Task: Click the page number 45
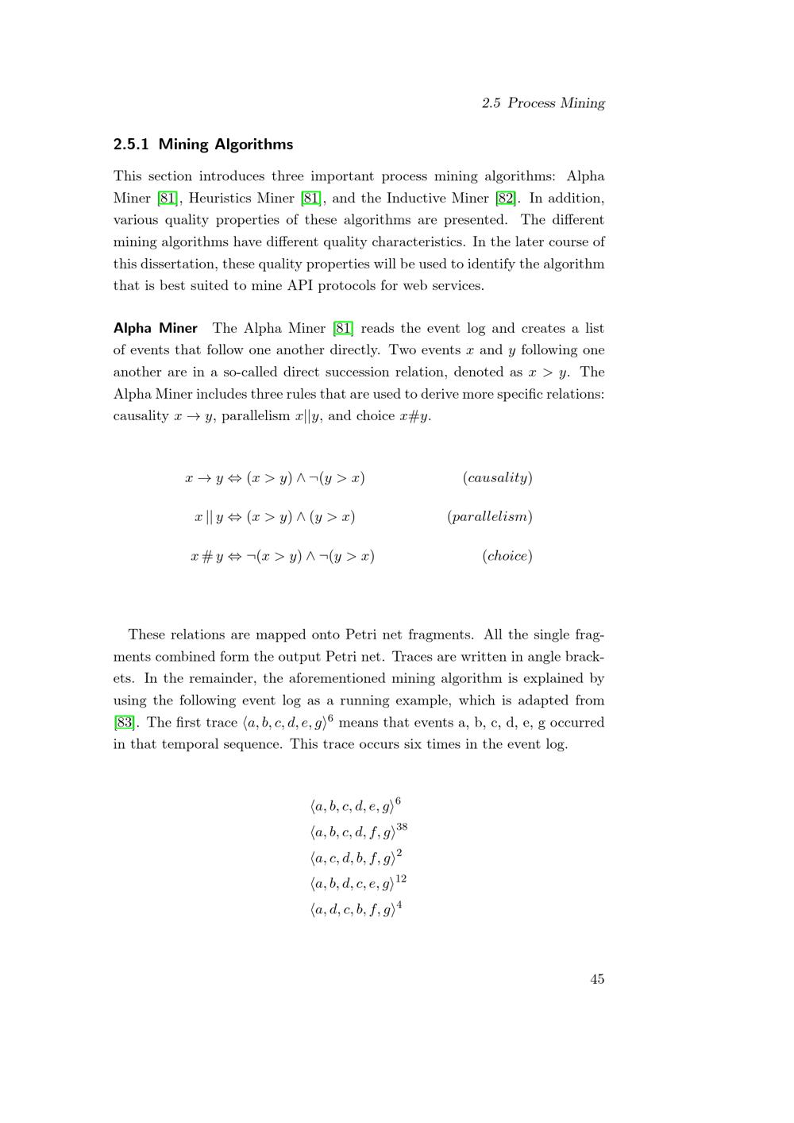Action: coord(597,979)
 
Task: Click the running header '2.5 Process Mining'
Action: coord(543,103)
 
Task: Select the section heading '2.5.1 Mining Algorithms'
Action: coord(203,145)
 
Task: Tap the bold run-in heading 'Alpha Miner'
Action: coord(156,328)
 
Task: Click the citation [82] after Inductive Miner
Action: coord(505,198)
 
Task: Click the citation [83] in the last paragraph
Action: coord(124,723)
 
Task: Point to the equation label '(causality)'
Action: coord(497,477)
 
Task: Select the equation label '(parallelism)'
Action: coord(489,517)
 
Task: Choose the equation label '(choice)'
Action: coord(507,556)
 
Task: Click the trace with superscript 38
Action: coord(358,832)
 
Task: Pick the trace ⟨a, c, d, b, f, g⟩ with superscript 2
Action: coord(356,858)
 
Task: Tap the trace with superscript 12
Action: coord(357,883)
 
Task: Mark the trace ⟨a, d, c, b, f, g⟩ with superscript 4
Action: coord(356,909)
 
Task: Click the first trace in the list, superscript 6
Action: coord(356,807)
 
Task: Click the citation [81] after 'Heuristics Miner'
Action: coord(310,198)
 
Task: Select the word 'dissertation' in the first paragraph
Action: coord(179,264)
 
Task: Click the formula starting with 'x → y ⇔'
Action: coord(275,478)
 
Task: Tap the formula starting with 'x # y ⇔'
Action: coord(282,557)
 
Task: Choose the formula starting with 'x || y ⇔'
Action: coord(275,517)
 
